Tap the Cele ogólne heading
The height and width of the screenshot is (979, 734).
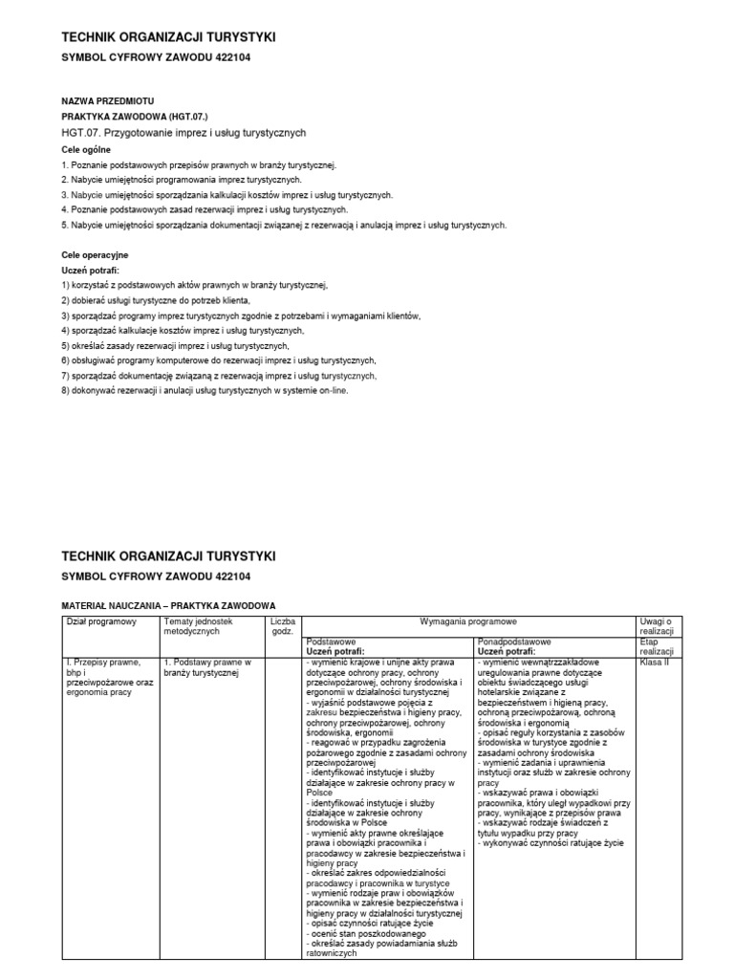(x=86, y=149)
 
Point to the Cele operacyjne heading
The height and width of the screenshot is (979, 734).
(x=95, y=255)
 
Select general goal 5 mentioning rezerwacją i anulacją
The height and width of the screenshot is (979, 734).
(x=283, y=225)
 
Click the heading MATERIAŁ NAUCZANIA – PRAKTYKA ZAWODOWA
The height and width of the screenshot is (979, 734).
(x=168, y=605)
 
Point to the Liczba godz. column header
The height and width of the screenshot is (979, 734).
(x=283, y=626)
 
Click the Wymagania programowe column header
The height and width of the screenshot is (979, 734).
(x=467, y=621)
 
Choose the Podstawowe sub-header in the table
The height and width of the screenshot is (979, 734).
(x=331, y=642)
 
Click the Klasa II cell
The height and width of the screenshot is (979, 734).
(x=656, y=661)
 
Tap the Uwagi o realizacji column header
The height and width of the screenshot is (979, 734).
(x=657, y=626)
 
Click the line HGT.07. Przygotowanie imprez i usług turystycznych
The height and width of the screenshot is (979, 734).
(x=183, y=132)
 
